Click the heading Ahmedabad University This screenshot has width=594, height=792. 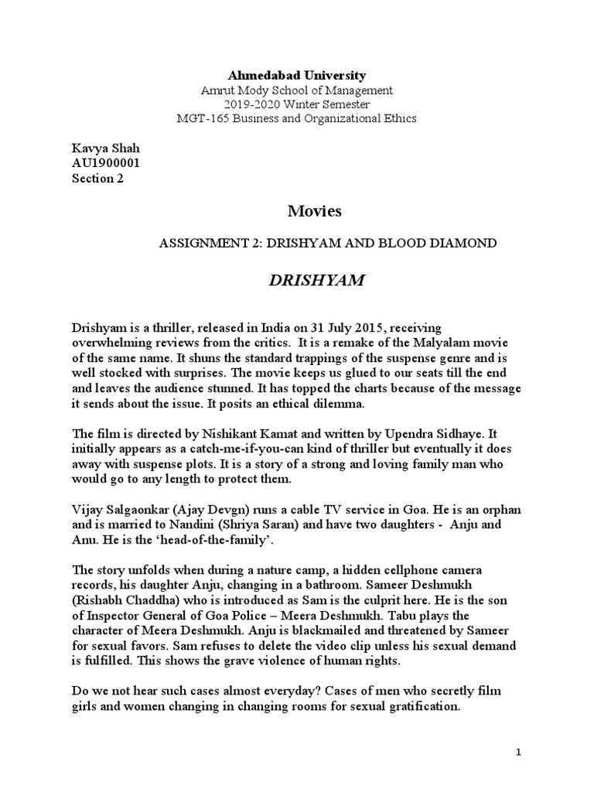pos(296,76)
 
